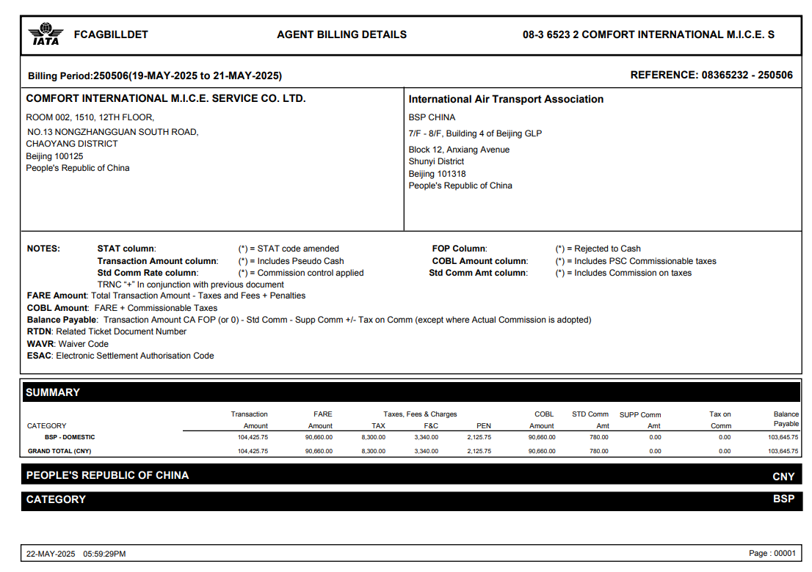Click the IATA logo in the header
pos(46,34)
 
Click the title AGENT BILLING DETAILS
pos(341,34)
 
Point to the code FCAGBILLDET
pos(111,34)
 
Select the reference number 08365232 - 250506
pos(747,75)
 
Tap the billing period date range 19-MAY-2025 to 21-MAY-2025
pos(206,76)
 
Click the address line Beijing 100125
pos(54,156)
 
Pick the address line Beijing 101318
pos(437,174)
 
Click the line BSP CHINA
pos(432,117)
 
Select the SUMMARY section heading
pos(53,392)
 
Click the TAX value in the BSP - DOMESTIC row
pos(373,437)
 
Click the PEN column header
pos(483,425)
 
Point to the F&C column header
pos(431,425)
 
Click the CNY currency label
pos(783,477)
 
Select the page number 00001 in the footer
pos(784,554)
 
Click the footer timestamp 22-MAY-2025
pos(51,554)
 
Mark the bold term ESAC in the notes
pos(39,356)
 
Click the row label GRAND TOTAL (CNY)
pos(59,451)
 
